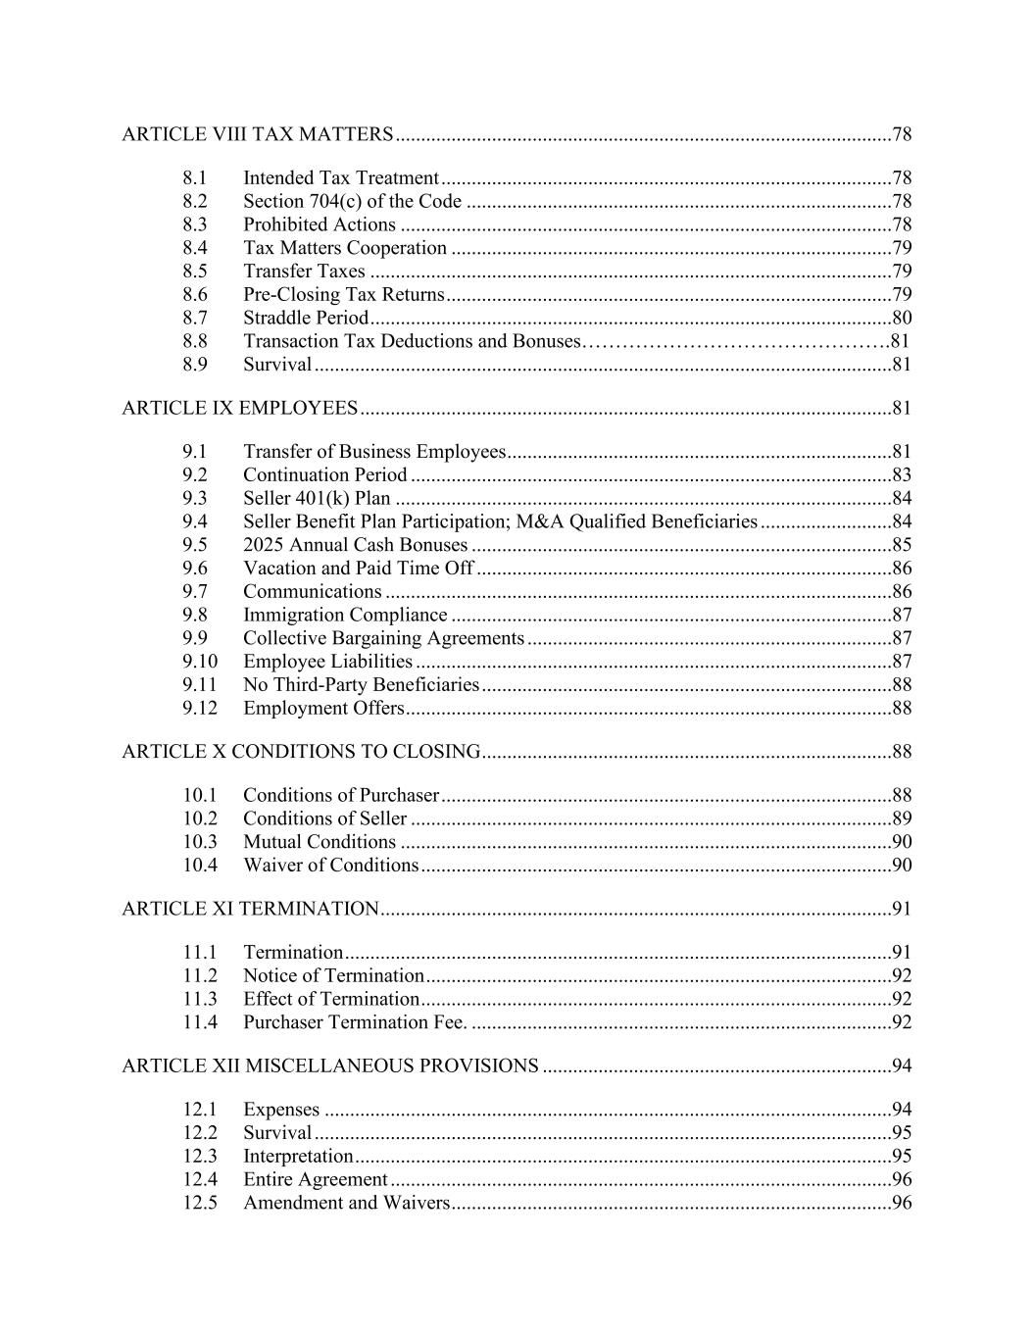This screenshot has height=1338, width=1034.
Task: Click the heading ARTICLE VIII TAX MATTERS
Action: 258,134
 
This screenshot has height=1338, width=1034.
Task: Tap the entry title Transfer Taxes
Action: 304,272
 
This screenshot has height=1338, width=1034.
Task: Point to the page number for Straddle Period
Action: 902,318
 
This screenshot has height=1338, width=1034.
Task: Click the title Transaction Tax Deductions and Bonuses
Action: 412,341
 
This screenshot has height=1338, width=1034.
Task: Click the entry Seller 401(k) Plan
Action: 317,498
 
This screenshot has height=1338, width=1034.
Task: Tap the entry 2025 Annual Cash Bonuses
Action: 355,545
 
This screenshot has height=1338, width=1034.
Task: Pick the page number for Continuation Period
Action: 902,474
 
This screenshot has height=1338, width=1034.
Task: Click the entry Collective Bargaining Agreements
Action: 383,638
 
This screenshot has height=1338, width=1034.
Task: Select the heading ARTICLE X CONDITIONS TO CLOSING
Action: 301,752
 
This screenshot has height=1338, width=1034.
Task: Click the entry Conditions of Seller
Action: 324,818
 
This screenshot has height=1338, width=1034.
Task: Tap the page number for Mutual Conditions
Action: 902,842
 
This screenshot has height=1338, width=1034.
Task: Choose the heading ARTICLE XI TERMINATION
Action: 250,909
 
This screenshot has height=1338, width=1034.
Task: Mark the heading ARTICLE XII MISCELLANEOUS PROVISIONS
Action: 330,1065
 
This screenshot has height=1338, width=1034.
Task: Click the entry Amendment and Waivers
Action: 346,1203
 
